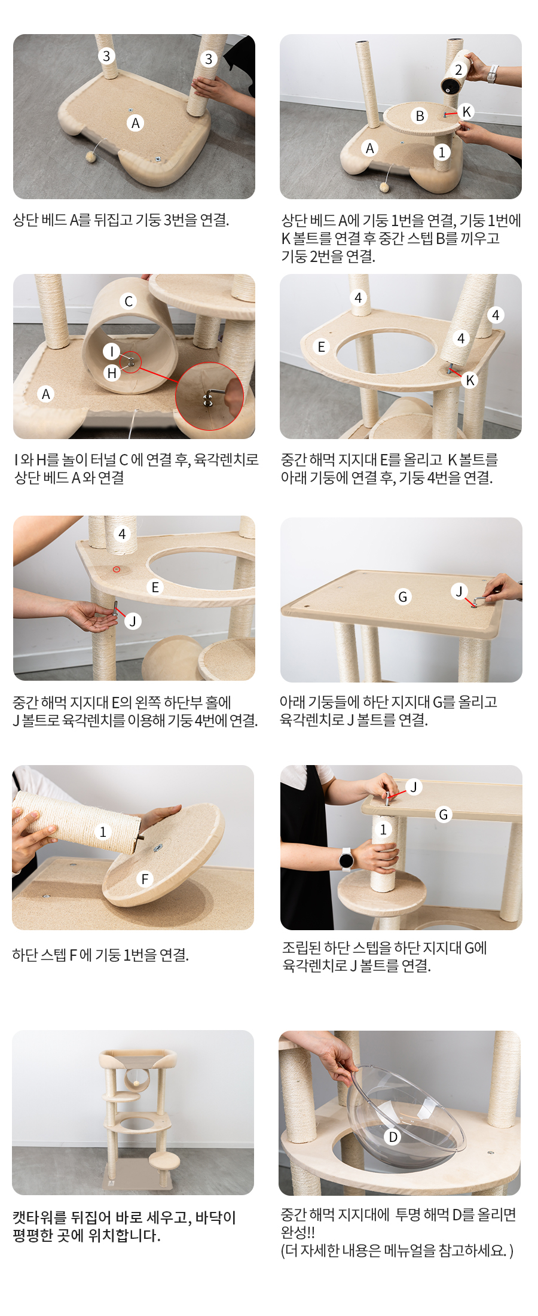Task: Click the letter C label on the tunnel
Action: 129,301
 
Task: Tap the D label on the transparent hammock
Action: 393,1137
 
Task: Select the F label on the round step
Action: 144,879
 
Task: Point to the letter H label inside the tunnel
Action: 112,373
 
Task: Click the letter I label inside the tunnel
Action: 112,351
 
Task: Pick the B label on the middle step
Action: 420,115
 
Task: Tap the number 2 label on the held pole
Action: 458,70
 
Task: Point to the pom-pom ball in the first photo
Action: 91,157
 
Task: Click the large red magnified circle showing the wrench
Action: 209,396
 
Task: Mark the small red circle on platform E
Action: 117,569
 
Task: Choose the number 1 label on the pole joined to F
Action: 103,831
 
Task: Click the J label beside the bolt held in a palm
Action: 133,621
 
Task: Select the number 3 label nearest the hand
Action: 209,59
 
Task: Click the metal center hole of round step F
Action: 157,848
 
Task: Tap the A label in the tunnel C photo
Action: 46,394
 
